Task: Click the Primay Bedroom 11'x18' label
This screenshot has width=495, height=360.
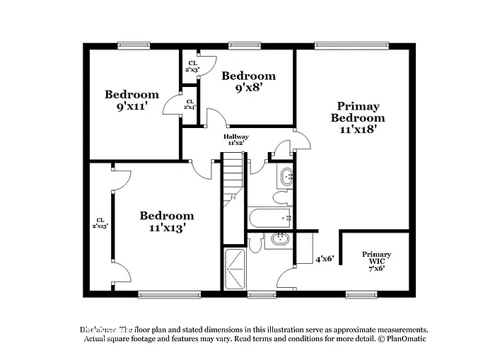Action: [x=358, y=118]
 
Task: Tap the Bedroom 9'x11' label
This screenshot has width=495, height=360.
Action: [x=132, y=102]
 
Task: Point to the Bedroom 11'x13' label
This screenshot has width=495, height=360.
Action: [x=166, y=222]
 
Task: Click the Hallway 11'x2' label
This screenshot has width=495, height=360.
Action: [x=235, y=139]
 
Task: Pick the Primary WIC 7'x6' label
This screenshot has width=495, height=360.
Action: [x=376, y=261]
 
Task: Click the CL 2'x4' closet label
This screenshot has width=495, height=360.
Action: [x=190, y=103]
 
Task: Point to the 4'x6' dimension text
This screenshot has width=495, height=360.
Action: [x=324, y=259]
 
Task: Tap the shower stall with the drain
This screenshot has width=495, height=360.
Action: [x=234, y=268]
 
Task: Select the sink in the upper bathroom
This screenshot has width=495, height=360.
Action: [x=286, y=177]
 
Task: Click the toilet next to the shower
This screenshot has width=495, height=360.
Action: [x=255, y=243]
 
